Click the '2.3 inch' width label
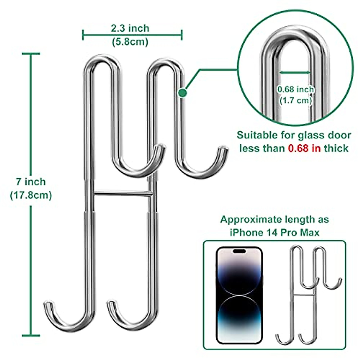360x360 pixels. pos(130,28)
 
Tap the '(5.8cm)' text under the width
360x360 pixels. pos(130,42)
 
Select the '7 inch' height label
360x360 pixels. pos(31,182)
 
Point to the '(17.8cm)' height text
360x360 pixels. pos(31,195)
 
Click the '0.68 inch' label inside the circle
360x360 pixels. pos(295,89)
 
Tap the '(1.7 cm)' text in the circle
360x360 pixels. pos(295,100)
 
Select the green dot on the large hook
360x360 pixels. pos(182,93)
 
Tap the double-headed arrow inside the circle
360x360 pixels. pos(295,72)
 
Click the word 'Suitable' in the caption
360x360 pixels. pos(257,135)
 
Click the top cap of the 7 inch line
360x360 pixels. pos(31,54)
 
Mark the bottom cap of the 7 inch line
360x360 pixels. pos(31,335)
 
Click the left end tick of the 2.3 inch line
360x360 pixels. pos(83,35)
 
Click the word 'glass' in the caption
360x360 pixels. pos(310,135)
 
